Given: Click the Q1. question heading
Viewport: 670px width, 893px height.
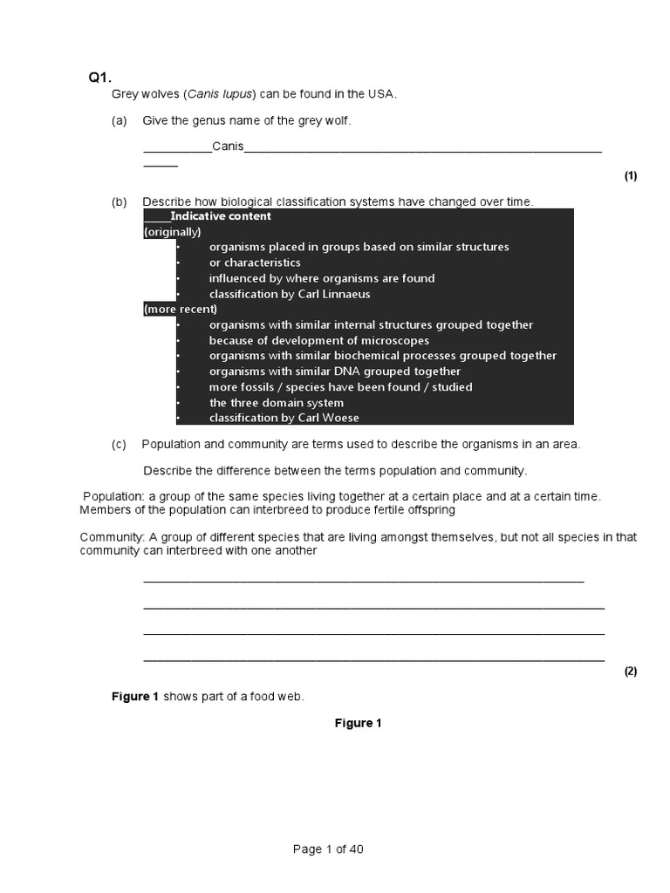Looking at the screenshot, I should pos(100,78).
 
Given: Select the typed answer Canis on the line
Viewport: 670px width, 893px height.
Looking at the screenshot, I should pos(228,147).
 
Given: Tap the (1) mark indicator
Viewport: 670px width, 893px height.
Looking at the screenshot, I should pos(631,176).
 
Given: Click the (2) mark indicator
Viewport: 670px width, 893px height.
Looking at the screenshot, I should pos(631,671).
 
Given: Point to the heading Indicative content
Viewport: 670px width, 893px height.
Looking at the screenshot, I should pos(221,216).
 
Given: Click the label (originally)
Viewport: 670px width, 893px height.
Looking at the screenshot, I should pos(173,232).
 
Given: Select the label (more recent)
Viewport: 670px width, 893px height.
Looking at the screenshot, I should pos(181,309).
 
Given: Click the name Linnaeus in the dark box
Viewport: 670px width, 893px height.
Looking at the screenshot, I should pos(334,294).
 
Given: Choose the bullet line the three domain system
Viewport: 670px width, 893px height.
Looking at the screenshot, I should pos(277,403).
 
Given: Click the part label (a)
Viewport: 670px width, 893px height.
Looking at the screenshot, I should pos(120,121).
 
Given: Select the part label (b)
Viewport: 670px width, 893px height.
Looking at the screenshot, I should pos(120,202).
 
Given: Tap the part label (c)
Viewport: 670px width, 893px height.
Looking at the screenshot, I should pos(120,445).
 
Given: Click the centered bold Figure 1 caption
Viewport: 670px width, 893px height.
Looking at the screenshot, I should pos(359,723).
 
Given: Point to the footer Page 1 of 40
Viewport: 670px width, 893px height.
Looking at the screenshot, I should pos(328,850).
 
